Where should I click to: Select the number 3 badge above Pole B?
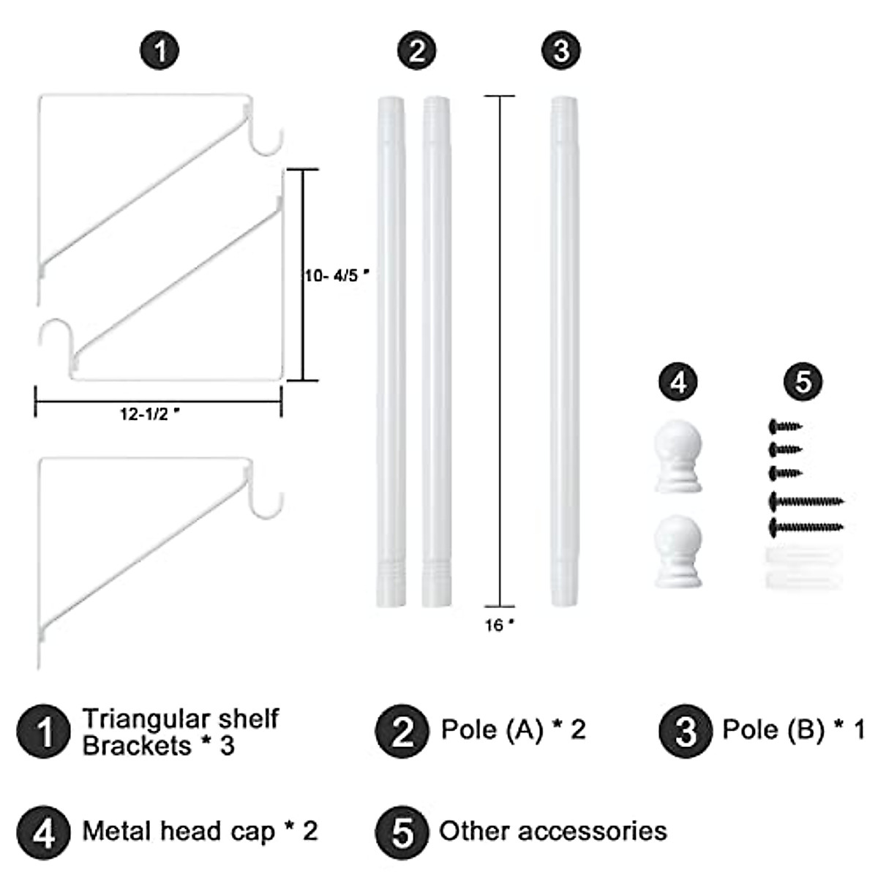pyautogui.click(x=561, y=51)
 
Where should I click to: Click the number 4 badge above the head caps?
pyautogui.click(x=678, y=382)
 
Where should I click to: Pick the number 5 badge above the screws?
pyautogui.click(x=803, y=382)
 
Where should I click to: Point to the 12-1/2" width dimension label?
pyautogui.click(x=150, y=414)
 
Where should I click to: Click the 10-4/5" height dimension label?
pyautogui.click(x=336, y=276)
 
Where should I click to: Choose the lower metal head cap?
pyautogui.click(x=678, y=550)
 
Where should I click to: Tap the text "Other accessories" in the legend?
pyautogui.click(x=553, y=831)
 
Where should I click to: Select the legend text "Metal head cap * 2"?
pyautogui.click(x=200, y=831)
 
